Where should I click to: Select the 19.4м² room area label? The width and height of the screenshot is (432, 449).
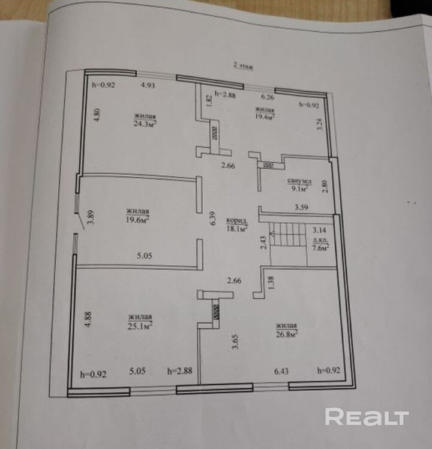click(x=265, y=114)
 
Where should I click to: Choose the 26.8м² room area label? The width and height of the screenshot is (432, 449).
click(x=287, y=330)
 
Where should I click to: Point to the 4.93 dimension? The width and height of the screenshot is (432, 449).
click(x=148, y=85)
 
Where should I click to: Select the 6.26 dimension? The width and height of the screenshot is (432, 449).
click(x=267, y=96)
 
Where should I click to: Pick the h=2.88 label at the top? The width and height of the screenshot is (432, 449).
click(x=227, y=94)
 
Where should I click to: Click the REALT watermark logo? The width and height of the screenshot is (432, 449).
click(x=367, y=417)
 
